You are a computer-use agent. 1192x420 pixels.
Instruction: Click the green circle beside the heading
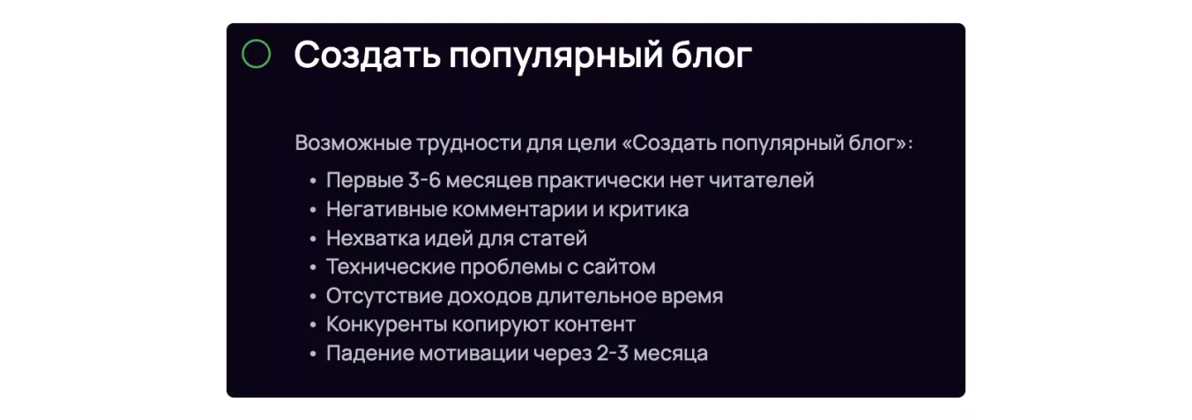click(256, 41)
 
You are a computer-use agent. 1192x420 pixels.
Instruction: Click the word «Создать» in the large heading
click(367, 55)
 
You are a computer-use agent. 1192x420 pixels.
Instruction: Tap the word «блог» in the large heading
click(711, 55)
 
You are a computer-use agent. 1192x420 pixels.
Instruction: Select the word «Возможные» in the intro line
click(354, 143)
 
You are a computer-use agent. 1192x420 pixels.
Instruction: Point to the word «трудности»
click(469, 144)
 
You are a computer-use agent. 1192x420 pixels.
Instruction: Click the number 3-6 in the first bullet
click(424, 180)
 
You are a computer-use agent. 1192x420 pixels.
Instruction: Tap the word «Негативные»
click(387, 209)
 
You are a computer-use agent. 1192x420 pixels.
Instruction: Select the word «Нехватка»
click(373, 238)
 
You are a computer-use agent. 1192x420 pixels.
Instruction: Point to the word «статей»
click(553, 238)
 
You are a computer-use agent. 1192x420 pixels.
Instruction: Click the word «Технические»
click(391, 266)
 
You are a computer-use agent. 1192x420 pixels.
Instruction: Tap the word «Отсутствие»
click(384, 296)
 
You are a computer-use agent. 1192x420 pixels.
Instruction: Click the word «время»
click(692, 296)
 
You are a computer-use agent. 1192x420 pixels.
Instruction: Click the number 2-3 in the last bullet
click(613, 354)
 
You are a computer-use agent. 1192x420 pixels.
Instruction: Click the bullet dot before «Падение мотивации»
click(313, 354)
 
